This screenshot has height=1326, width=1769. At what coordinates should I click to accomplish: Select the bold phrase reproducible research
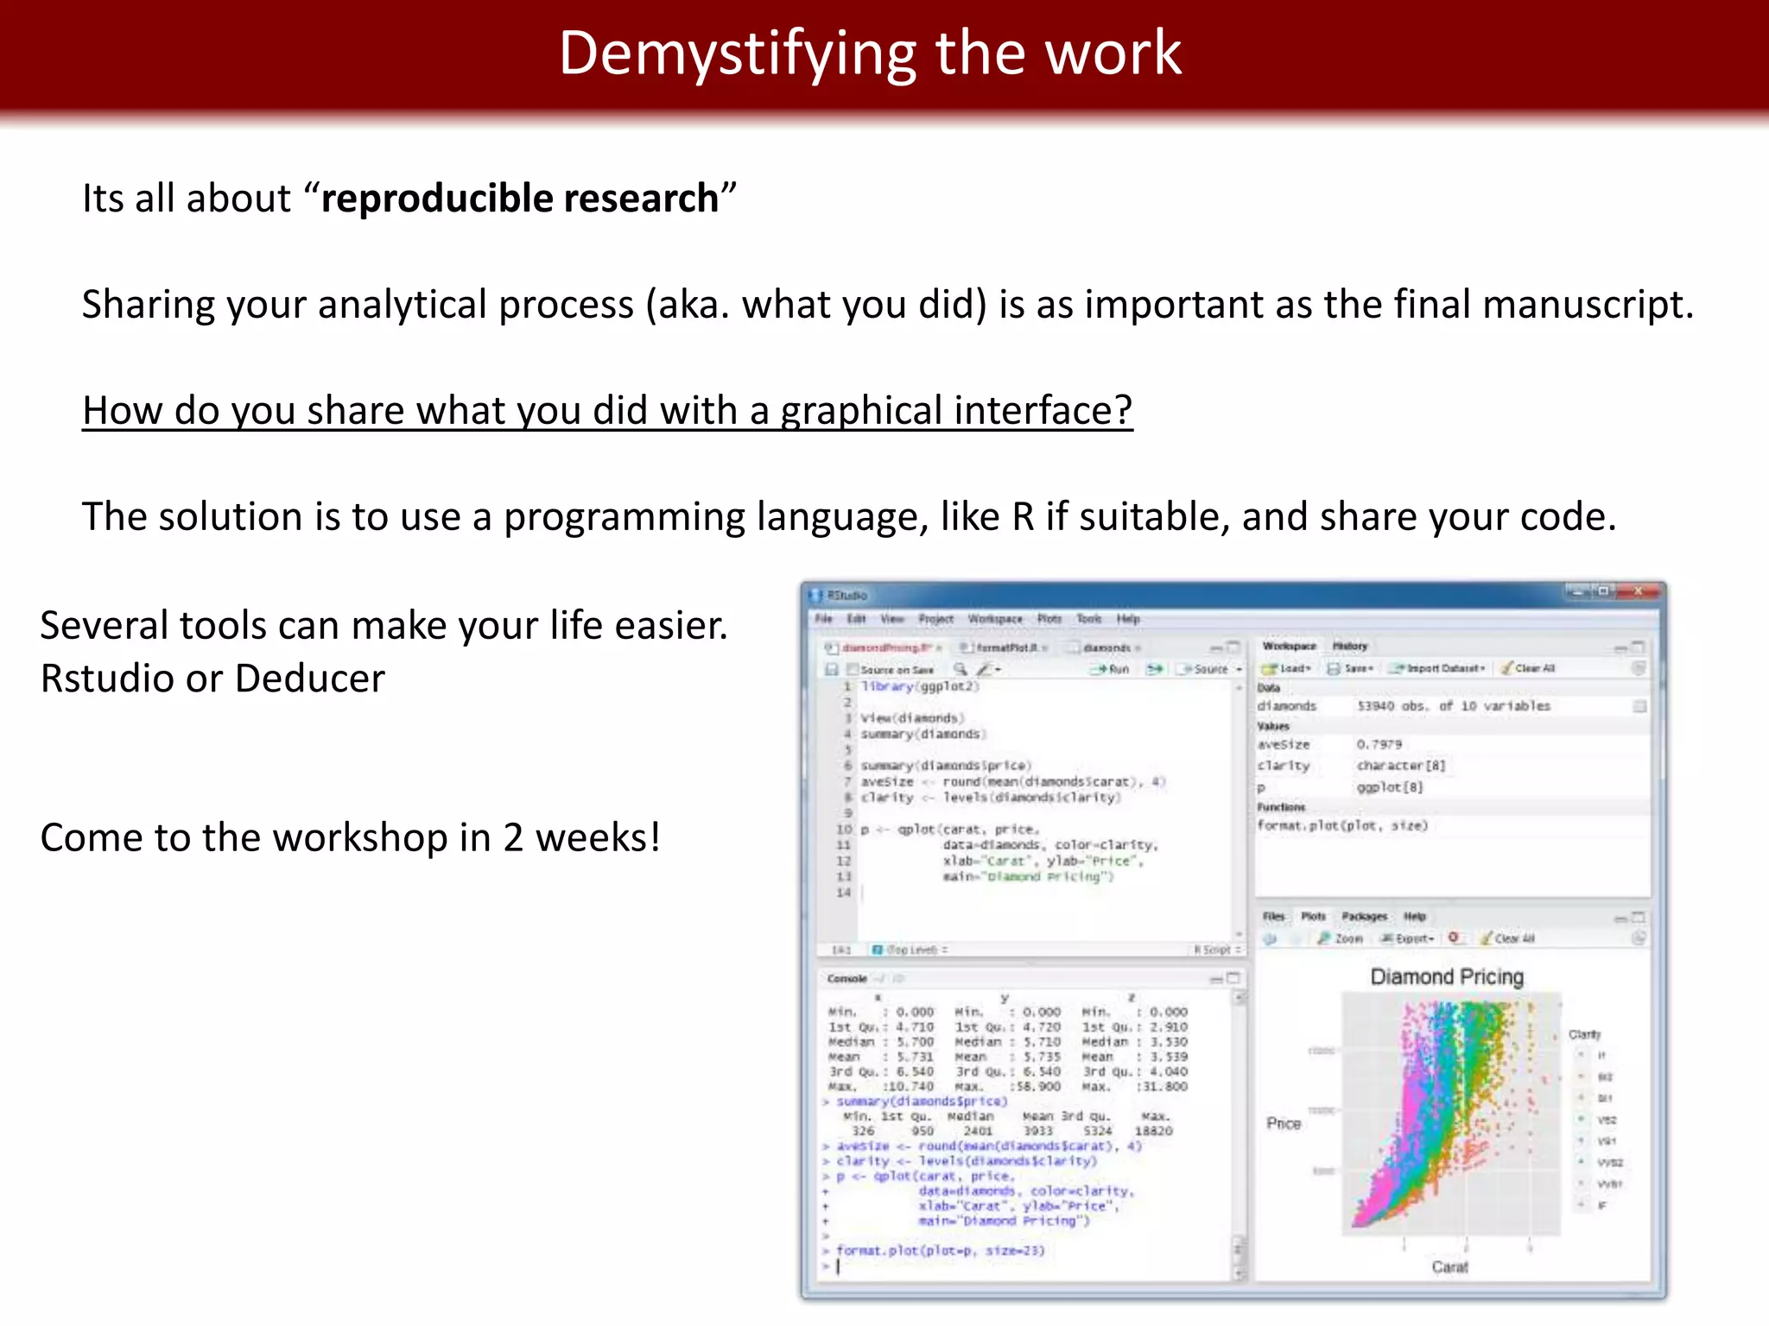pos(519,199)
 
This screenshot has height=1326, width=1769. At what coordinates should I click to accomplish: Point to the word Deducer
pos(310,679)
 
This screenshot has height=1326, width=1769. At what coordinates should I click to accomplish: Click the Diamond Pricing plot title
pos(1447,976)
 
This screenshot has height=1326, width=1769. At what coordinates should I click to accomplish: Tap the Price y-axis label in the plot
pos(1284,1123)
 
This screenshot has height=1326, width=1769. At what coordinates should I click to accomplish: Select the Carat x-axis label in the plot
pos(1449,1266)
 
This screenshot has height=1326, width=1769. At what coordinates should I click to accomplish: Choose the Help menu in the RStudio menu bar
pos(1127,619)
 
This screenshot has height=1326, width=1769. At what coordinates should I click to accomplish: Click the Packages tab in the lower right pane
pos(1364,916)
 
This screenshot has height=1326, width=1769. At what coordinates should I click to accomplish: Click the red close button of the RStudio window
pos(1638,592)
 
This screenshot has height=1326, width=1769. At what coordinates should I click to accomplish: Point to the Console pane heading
pos(846,978)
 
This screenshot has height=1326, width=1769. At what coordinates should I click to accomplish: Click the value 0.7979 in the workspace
pos(1379,744)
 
